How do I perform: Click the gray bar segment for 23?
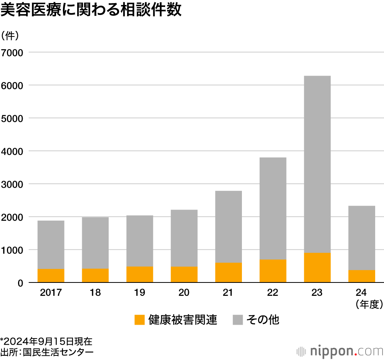317,164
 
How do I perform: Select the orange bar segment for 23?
317,268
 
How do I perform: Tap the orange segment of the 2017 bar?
51,276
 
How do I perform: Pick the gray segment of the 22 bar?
273,208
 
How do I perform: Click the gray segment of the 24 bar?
362,238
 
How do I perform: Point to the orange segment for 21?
228,272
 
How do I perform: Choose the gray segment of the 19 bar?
139,241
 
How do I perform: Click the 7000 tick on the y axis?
12,52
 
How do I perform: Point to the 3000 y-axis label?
12,184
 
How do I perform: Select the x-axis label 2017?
51,293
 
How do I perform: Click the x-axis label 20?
184,293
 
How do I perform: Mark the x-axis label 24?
362,293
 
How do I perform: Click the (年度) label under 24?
369,304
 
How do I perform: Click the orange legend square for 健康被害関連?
139,320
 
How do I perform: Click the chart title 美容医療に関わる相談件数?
91,10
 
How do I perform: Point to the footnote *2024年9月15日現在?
46,341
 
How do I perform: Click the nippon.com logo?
340,351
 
